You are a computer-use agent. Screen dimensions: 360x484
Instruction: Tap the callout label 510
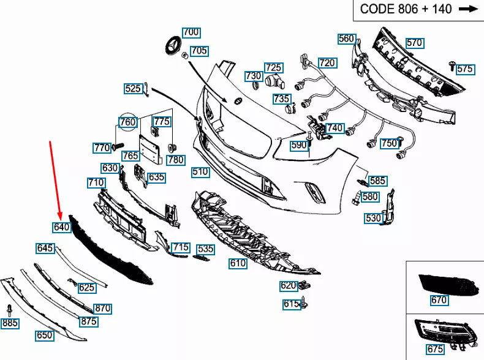tap(200, 172)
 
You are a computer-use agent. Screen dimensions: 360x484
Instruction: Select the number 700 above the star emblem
tap(191, 32)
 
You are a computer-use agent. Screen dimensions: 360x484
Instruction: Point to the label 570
tap(415, 43)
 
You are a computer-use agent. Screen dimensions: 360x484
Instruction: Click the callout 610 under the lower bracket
tap(238, 264)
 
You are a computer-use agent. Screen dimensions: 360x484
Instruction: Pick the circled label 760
tap(128, 122)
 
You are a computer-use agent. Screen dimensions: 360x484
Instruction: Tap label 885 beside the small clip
tap(10, 323)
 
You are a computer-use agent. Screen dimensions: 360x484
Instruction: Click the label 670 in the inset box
tap(439, 300)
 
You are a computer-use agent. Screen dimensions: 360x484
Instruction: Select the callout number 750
tap(389, 143)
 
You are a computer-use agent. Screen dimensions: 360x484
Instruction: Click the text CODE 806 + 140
tap(406, 9)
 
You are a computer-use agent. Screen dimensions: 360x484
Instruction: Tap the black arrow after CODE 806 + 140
tap(468, 9)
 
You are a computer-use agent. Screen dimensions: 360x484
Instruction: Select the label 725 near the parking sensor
tap(273, 67)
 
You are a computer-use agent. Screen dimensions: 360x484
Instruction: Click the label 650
tap(44, 336)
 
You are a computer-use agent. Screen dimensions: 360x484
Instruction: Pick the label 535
tap(206, 249)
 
